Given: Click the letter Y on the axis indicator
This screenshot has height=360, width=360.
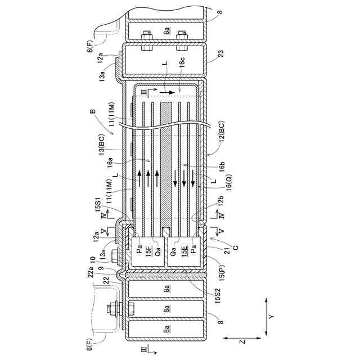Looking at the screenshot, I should click(x=271, y=317).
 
